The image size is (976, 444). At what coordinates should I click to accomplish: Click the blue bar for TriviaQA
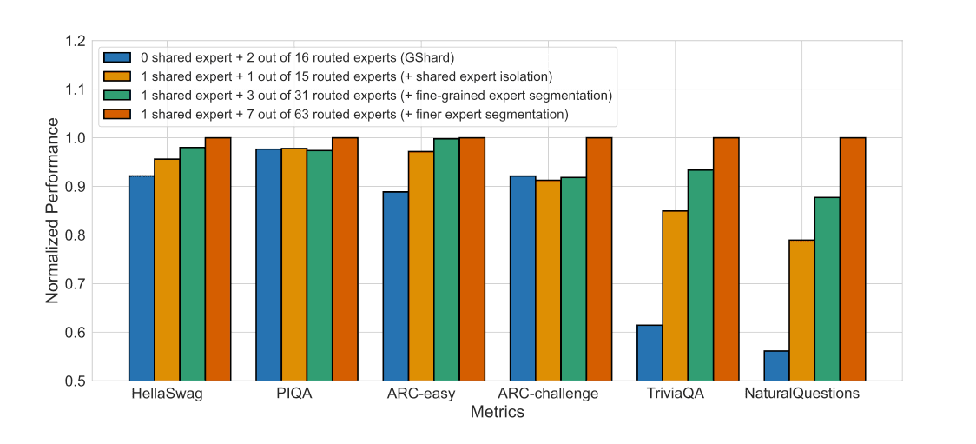(x=650, y=353)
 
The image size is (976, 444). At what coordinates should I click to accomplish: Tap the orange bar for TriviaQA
(x=675, y=295)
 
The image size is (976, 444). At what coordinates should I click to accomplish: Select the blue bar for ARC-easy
(x=395, y=286)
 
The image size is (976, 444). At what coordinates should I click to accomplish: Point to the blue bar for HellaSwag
(x=142, y=278)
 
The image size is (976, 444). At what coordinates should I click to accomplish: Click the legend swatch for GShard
(x=116, y=57)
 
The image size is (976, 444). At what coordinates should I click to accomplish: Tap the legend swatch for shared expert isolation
(x=116, y=76)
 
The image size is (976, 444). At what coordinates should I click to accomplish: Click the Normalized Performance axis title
(x=52, y=211)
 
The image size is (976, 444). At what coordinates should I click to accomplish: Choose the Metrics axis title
(x=497, y=413)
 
